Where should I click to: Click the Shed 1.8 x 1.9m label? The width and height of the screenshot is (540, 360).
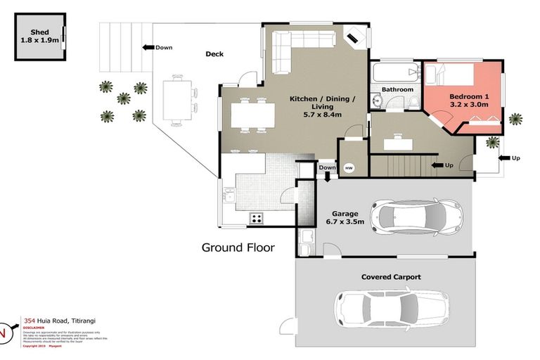(39, 37)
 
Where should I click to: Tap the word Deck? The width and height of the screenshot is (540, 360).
(214, 54)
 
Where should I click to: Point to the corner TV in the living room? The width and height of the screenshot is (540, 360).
(354, 38)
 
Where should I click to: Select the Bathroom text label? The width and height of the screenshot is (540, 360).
(397, 89)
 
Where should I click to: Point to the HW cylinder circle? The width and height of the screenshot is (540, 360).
(349, 168)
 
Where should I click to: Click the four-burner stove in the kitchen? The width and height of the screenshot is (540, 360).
(257, 218)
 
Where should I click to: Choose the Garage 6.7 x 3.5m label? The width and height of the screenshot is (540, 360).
(340, 217)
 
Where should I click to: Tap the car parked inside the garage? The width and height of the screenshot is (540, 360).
(416, 215)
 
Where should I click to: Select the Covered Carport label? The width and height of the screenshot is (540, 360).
(391, 277)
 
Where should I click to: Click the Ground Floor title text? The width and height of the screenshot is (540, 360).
(238, 247)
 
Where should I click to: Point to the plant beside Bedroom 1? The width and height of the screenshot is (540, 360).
(517, 119)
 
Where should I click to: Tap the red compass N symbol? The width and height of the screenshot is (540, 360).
(4, 332)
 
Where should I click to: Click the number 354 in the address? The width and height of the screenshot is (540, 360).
(31, 320)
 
